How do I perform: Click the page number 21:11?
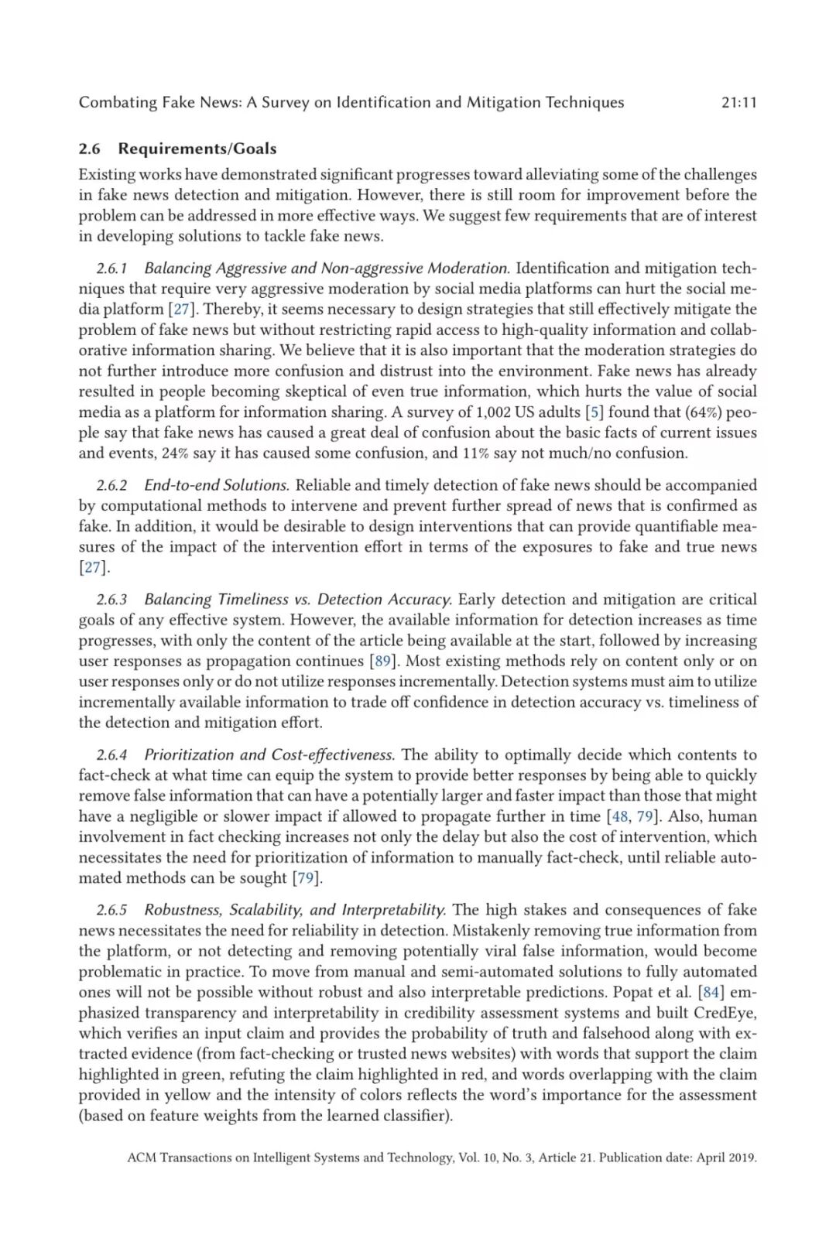(x=738, y=102)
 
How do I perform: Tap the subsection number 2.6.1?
(x=111, y=268)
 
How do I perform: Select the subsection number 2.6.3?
(x=111, y=600)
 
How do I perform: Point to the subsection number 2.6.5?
(x=111, y=910)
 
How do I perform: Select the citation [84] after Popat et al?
(x=711, y=992)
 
